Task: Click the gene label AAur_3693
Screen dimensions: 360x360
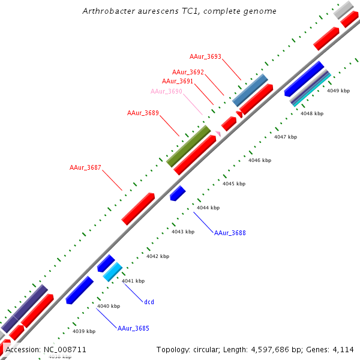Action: [x=205, y=57]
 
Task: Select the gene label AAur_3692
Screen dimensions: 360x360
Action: [x=188, y=72]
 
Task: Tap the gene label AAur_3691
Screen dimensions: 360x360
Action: [x=178, y=81]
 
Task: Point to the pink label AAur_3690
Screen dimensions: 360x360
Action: [x=166, y=91]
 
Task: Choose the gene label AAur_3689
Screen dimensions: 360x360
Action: [x=143, y=113]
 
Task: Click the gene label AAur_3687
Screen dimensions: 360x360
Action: [x=85, y=167]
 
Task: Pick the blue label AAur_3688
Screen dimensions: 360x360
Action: [x=230, y=233]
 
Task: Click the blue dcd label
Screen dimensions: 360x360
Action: [x=149, y=302]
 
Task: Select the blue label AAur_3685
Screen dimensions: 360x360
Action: [x=133, y=328]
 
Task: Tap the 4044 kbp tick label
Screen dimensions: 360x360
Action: [x=208, y=208]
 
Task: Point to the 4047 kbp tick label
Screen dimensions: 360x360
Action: [x=286, y=137]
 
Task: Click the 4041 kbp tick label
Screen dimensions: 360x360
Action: [x=133, y=281]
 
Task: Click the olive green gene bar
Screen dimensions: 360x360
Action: [x=188, y=146]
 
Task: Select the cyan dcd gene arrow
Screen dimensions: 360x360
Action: [x=112, y=272]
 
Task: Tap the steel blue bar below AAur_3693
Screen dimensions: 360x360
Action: [x=250, y=90]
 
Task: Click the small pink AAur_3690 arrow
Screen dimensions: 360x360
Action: [x=218, y=133]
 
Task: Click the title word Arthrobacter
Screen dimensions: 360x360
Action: [x=106, y=11]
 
